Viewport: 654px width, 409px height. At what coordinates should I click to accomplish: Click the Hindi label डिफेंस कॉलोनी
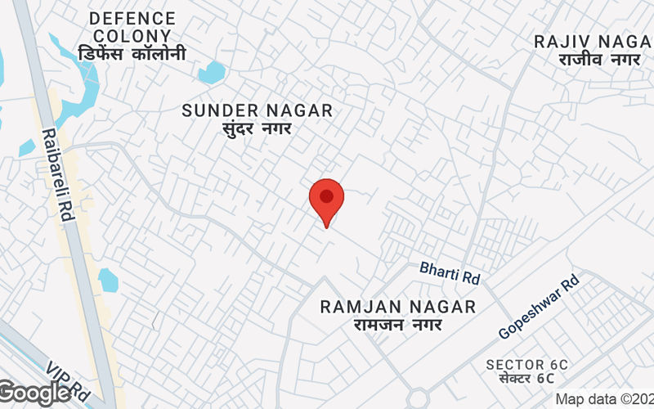(x=132, y=54)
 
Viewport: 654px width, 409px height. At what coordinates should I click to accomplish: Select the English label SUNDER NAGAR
(x=257, y=110)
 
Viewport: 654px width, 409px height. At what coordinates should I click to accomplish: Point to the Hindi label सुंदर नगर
(x=257, y=128)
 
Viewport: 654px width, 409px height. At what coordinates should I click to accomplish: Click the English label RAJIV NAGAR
(x=594, y=42)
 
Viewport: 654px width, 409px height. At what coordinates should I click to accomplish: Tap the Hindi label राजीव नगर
(x=600, y=60)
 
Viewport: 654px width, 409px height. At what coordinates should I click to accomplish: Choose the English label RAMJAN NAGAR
(x=398, y=307)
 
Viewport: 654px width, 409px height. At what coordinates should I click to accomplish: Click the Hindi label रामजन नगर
(x=398, y=325)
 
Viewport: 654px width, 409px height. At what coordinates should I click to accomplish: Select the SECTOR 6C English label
(x=526, y=364)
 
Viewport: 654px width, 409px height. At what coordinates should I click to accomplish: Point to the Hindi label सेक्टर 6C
(x=526, y=379)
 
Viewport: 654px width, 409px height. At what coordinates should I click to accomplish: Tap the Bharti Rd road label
(x=449, y=272)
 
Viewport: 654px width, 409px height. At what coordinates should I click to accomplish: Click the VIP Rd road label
(x=67, y=377)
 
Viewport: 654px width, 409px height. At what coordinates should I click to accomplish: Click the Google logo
(x=35, y=393)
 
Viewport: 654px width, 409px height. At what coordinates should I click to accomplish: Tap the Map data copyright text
(x=604, y=399)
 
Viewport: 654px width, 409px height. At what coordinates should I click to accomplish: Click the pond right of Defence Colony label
(x=211, y=73)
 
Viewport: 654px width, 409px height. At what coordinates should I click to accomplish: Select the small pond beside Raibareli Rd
(x=108, y=280)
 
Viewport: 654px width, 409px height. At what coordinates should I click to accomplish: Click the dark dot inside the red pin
(x=327, y=196)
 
